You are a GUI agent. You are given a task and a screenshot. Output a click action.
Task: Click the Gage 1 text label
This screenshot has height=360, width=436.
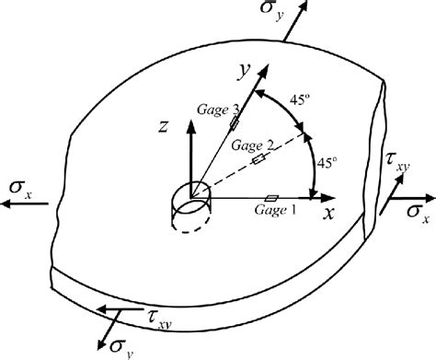coord(274,210)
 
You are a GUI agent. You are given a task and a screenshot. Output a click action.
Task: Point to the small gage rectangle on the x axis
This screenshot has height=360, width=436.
coord(271,197)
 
